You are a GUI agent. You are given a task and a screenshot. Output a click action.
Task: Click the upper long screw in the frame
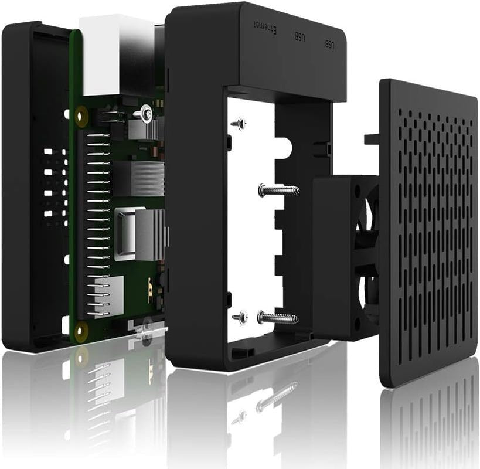coord(278,190)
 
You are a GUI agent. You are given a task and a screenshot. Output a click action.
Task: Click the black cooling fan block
coord(343,258)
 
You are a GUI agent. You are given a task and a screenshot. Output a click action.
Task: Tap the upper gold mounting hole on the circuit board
coord(81,117)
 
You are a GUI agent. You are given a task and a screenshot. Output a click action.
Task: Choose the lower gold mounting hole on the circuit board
coord(81,330)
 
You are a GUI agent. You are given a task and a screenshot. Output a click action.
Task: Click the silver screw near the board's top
coord(145,114)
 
